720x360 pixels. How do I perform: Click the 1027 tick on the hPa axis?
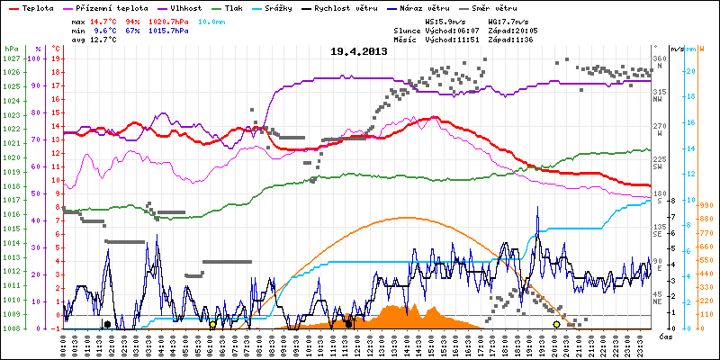pyautogui.click(x=11, y=58)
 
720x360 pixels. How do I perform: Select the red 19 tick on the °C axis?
pyautogui.click(x=56, y=58)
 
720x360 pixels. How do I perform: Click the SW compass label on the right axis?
pyautogui.click(x=659, y=167)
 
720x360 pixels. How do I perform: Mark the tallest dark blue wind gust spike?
pyautogui.click(x=537, y=209)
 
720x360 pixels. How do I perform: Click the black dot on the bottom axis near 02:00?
pyautogui.click(x=107, y=324)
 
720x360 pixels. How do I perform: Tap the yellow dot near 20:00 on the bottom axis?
pyautogui.click(x=556, y=324)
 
